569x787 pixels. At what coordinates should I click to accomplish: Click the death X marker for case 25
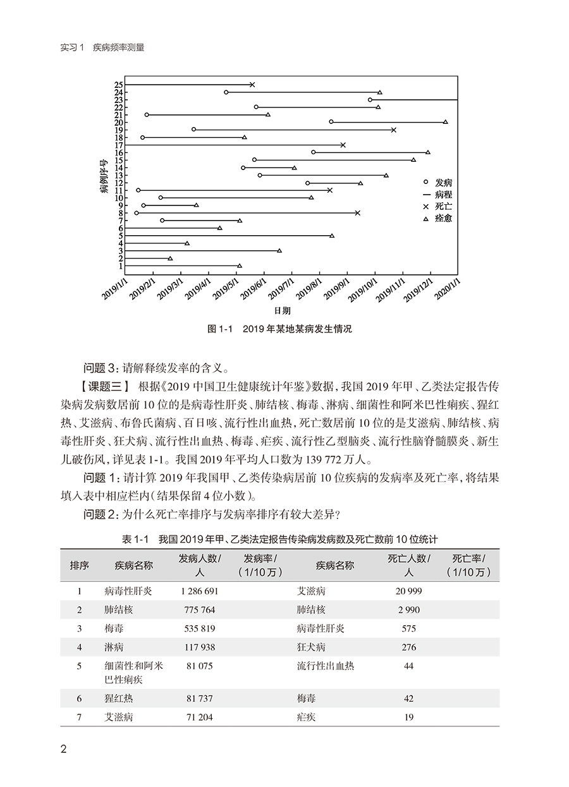tap(252, 85)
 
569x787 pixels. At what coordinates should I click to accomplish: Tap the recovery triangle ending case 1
tap(240, 265)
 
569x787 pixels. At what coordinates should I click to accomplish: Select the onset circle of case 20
tap(331, 121)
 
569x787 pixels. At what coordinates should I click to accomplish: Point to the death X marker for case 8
tap(358, 213)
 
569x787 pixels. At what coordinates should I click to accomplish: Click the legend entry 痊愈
tap(444, 218)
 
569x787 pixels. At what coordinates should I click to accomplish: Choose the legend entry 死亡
tap(444, 207)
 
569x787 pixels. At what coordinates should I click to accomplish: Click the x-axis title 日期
tap(283, 311)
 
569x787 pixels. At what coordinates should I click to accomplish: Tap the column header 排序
tap(79, 565)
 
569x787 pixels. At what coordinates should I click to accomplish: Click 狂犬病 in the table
tap(311, 647)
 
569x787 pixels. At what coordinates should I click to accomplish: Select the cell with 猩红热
tap(119, 699)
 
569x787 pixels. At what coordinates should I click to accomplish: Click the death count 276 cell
tap(408, 647)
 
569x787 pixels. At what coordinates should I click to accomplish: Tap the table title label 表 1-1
tap(134, 540)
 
